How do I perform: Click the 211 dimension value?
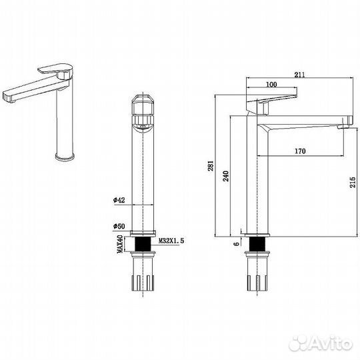coord(299,75)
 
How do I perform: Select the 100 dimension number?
coord(271,85)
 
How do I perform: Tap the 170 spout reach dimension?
coord(300,151)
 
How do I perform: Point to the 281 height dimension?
coord(211,166)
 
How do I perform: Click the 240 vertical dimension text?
coord(226,176)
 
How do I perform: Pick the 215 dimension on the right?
coord(353,182)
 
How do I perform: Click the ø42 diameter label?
coord(119,200)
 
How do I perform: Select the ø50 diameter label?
coord(119,227)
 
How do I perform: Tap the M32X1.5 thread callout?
coord(171,241)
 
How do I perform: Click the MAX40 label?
coord(120,244)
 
